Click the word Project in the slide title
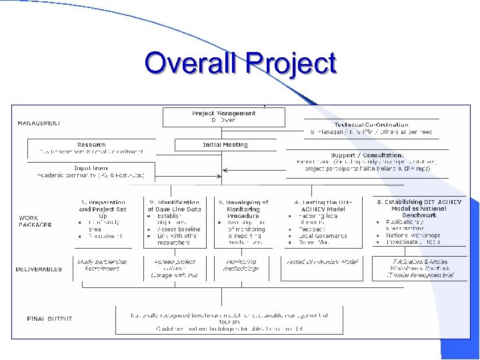pos(291,65)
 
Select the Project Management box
pos(223,117)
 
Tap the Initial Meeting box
pos(225,145)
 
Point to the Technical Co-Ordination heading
pos(371,125)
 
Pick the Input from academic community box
pos(91,172)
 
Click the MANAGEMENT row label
pos(39,123)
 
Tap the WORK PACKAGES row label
pos(35,221)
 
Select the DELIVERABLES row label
pos(39,269)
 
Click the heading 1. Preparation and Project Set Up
pos(102,209)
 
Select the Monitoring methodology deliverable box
pos(241,266)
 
